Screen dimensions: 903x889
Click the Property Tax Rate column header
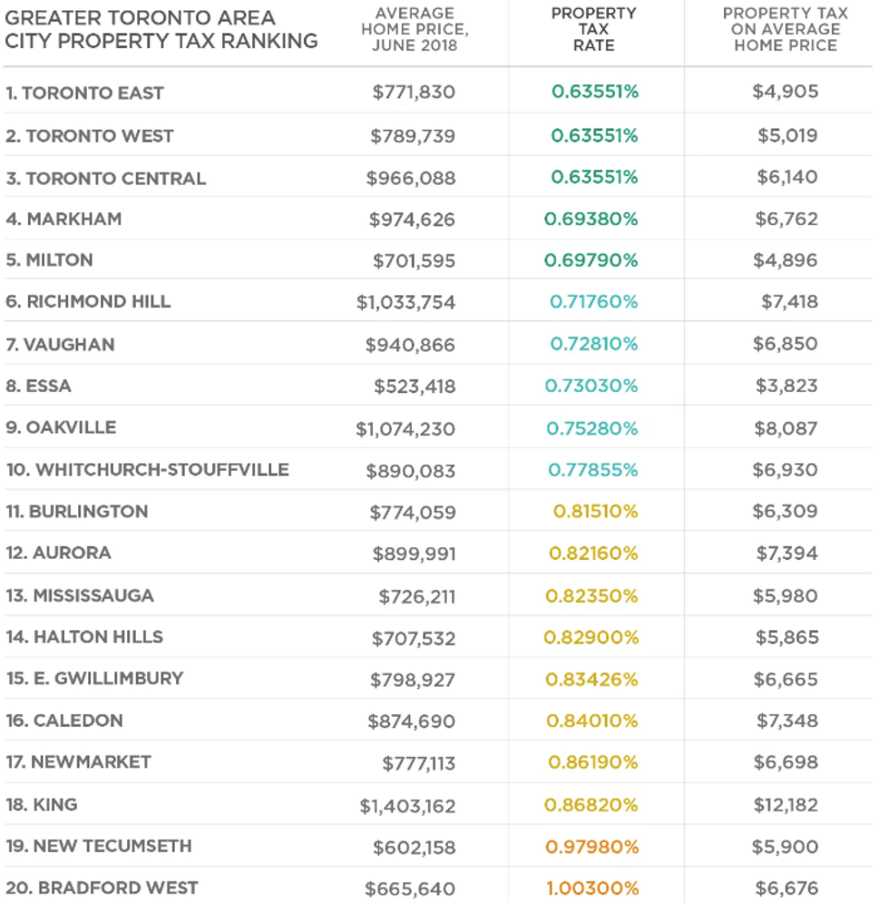click(x=594, y=29)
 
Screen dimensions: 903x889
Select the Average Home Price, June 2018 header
click(x=414, y=29)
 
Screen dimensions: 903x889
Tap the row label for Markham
click(x=63, y=219)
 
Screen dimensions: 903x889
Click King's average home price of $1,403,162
click(x=407, y=806)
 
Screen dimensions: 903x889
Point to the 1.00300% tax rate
click(x=592, y=888)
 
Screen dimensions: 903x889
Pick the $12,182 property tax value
click(x=785, y=805)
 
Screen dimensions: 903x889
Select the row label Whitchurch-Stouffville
click(x=148, y=470)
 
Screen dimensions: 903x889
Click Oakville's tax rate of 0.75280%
click(x=593, y=428)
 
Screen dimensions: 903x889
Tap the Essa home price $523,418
click(x=414, y=387)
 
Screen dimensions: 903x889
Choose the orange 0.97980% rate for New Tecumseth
click(x=592, y=847)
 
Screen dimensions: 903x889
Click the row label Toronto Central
click(x=106, y=178)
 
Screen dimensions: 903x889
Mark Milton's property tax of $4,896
click(x=785, y=260)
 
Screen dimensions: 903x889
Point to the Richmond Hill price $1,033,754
click(x=405, y=302)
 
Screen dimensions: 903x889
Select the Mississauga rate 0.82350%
click(x=591, y=596)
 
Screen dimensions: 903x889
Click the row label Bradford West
click(x=102, y=888)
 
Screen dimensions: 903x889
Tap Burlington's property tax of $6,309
click(x=785, y=512)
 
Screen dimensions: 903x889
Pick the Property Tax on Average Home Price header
click(x=786, y=29)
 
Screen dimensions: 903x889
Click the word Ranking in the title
click(x=271, y=42)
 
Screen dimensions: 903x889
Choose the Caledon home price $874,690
click(x=411, y=721)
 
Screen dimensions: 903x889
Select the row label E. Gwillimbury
click(x=95, y=679)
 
